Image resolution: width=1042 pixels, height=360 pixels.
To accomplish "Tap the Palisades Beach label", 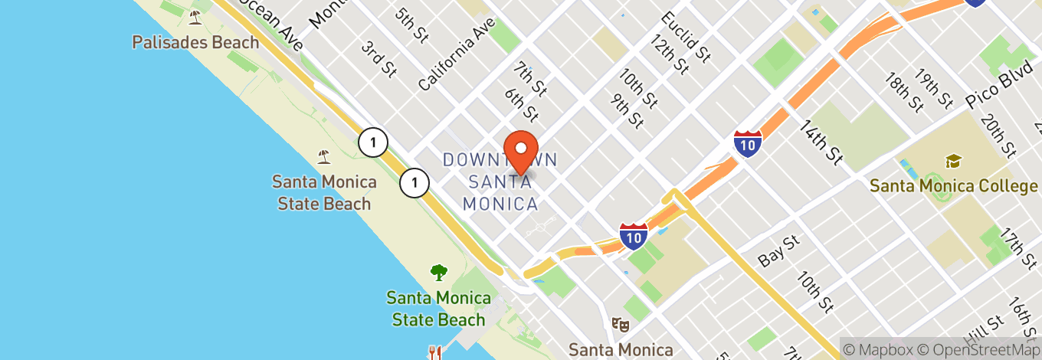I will [195, 42].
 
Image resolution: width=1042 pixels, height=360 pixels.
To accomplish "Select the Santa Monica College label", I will [954, 186].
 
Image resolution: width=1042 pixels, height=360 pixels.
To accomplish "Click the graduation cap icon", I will [953, 161].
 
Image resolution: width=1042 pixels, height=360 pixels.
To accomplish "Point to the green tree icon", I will [438, 272].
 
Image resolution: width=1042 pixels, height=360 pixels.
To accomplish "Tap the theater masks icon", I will [621, 325].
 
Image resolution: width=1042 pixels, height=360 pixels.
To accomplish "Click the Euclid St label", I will [686, 34].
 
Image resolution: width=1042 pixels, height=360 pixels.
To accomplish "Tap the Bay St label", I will [778, 251].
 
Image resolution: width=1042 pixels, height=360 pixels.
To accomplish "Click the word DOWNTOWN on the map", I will [499, 160].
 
